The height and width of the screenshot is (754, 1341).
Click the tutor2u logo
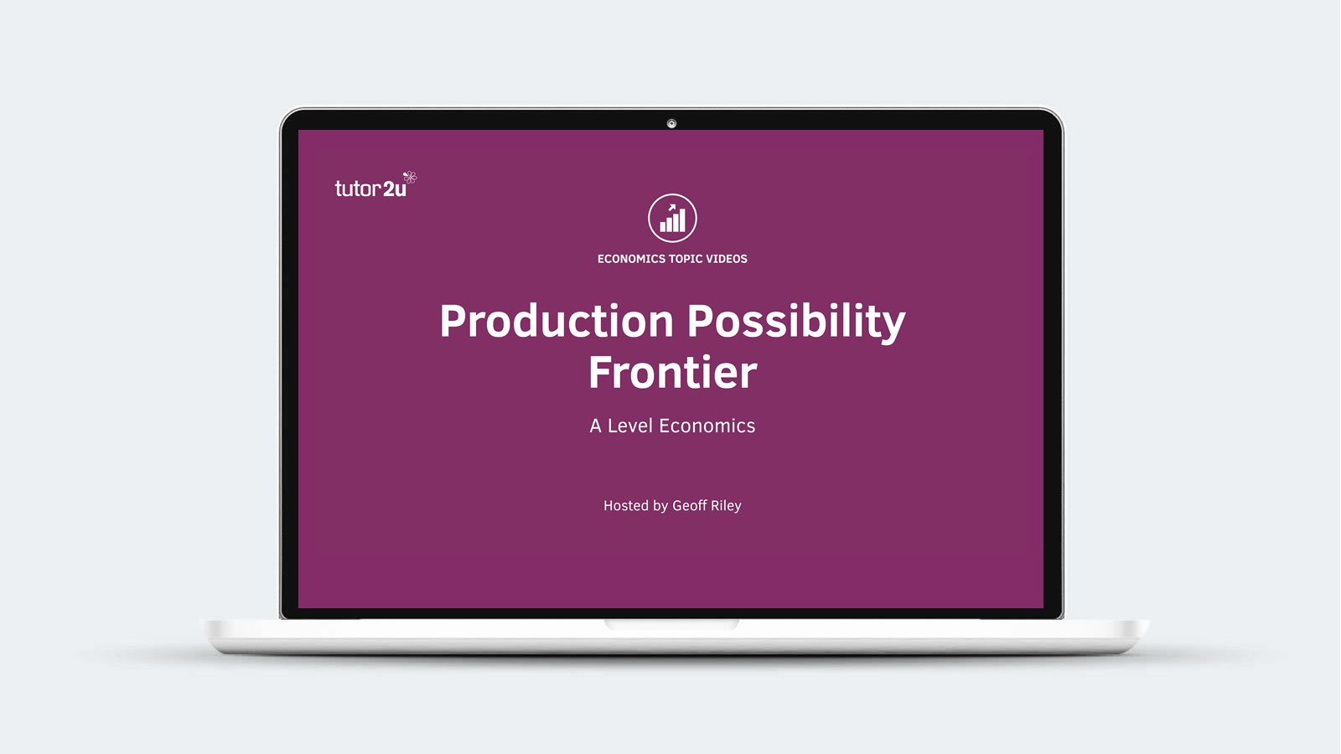375,185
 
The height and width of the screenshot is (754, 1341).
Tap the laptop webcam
671,124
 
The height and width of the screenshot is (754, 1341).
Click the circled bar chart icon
672,218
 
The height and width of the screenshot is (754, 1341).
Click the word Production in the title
557,322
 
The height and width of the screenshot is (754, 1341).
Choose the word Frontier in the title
673,372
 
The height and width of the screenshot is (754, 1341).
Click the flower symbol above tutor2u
410,177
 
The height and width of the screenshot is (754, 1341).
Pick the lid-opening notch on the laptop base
671,624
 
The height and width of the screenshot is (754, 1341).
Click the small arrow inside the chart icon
671,208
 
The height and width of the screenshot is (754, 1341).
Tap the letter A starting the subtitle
595,426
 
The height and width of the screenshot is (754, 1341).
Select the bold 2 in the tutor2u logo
388,189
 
